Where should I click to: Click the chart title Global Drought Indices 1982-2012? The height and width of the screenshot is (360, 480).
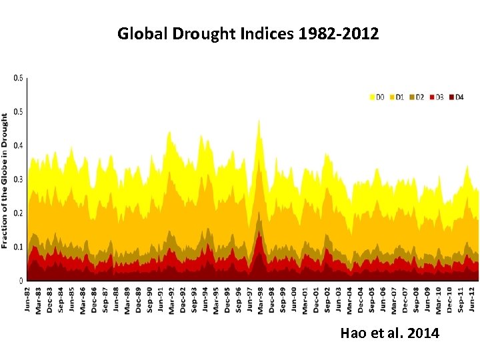coord(248,33)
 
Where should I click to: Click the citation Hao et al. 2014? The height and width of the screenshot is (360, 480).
coord(389,333)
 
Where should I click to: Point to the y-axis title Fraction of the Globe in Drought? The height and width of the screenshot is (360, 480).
coord(5,180)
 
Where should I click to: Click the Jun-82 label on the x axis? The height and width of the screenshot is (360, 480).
coord(27,298)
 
